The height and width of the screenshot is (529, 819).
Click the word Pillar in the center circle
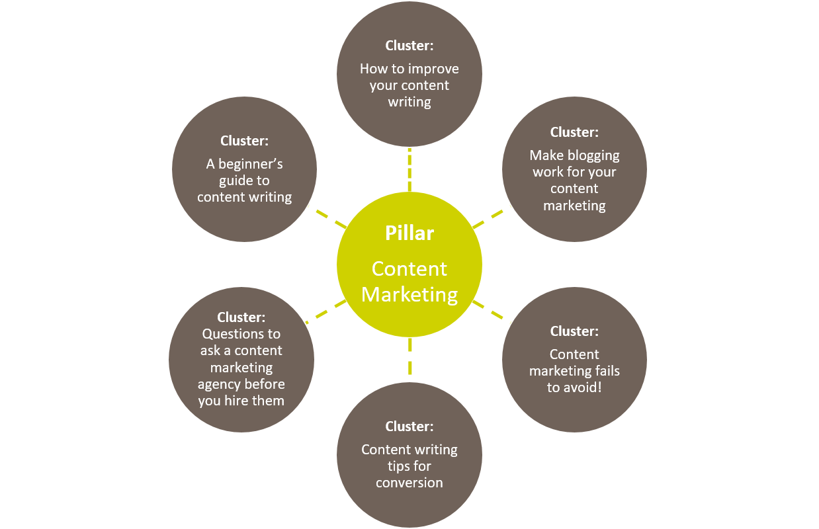pyautogui.click(x=409, y=233)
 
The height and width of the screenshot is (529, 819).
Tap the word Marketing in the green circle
pyautogui.click(x=409, y=294)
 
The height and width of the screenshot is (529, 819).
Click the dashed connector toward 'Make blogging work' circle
pyautogui.click(x=488, y=219)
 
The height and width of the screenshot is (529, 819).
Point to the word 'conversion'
pyautogui.click(x=409, y=483)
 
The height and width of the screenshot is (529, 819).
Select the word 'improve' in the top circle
pyautogui.click(x=433, y=69)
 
